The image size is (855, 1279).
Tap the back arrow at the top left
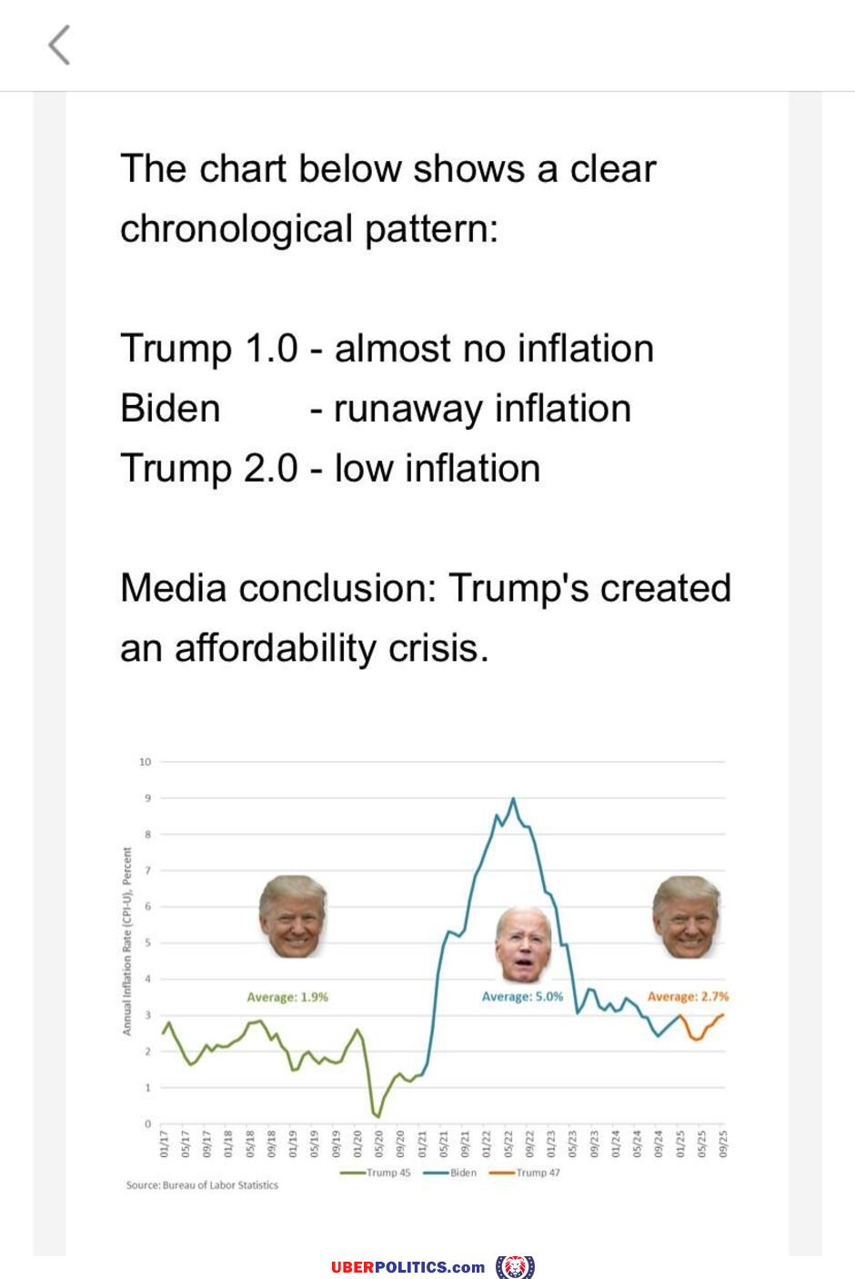click(x=59, y=45)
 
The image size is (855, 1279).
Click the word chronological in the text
click(x=236, y=228)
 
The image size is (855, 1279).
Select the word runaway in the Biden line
click(x=407, y=409)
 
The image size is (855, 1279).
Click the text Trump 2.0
click(x=209, y=469)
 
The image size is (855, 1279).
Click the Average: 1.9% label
click(x=287, y=997)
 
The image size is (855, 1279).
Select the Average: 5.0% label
click(x=522, y=997)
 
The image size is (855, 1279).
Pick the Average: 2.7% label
click(x=688, y=997)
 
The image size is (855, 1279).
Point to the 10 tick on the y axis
click(x=145, y=761)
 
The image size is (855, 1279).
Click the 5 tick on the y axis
click(x=147, y=942)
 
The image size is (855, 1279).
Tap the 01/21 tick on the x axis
click(x=422, y=1143)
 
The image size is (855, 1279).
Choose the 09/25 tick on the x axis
click(x=723, y=1143)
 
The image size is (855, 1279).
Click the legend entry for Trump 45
click(x=376, y=1172)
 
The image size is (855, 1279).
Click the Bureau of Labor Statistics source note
click(x=202, y=1185)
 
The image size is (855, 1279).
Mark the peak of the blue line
click(x=513, y=799)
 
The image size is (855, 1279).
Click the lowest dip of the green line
click(x=377, y=1115)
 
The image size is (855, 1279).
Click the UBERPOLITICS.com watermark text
click(x=408, y=1267)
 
